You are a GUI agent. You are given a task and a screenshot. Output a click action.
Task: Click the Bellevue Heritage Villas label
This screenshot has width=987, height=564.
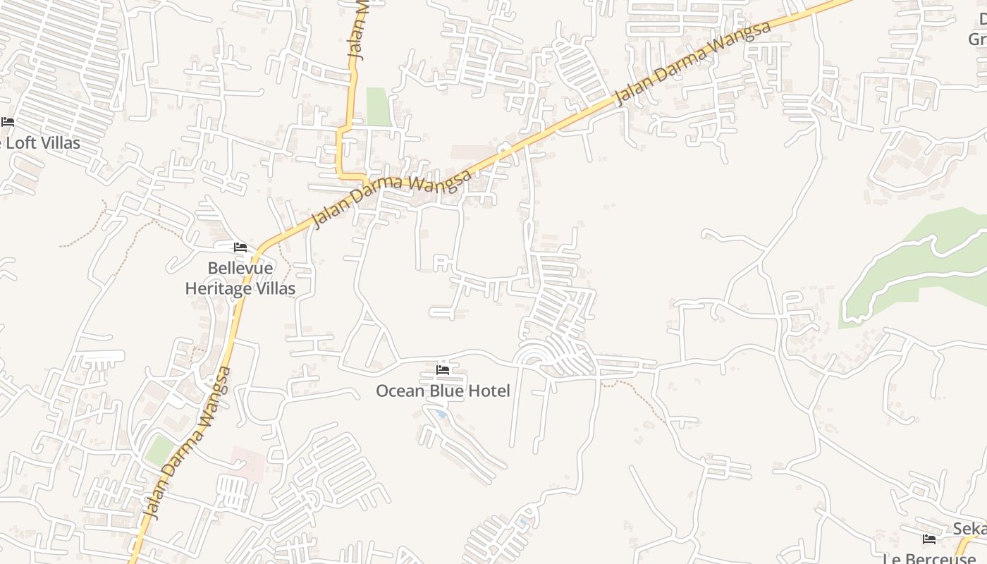tap(240, 278)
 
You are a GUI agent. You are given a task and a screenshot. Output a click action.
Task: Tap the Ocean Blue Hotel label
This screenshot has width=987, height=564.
tap(443, 391)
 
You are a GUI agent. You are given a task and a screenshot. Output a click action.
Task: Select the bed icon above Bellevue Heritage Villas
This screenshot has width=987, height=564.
tap(240, 247)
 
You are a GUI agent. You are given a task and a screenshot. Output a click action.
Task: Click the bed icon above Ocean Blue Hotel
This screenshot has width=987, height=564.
tap(443, 369)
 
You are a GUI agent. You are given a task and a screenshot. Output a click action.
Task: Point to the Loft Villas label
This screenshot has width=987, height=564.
tap(42, 143)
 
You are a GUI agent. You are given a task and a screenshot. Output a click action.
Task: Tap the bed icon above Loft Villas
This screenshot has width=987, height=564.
tap(8, 122)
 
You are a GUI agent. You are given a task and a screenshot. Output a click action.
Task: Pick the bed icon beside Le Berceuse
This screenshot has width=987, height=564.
tap(929, 539)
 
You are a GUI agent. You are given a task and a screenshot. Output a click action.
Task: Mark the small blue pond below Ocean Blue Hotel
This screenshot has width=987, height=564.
tap(441, 415)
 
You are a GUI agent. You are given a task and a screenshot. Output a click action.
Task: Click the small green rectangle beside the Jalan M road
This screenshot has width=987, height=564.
tap(379, 106)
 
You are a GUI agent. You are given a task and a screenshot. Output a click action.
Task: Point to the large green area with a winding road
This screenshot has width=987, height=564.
tap(916, 261)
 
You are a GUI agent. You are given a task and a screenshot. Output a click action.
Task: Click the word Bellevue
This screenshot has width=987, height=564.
tap(240, 269)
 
